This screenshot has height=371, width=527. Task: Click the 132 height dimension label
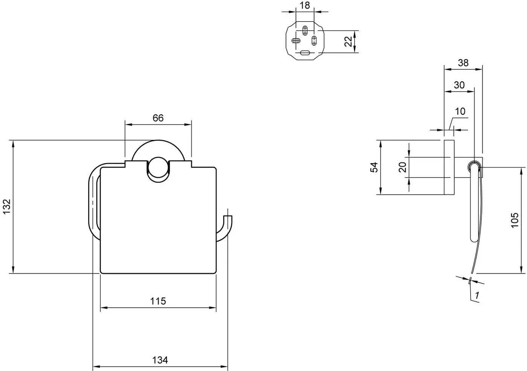7,207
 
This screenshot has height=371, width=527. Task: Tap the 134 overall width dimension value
160,360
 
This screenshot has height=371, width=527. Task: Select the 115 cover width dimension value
158,301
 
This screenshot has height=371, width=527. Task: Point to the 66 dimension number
158,118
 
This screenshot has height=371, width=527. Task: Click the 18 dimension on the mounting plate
305,5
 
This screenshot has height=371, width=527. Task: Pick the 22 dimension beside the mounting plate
348,41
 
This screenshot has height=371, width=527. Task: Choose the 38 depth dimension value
463,63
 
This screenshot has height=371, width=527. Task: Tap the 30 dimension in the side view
459,85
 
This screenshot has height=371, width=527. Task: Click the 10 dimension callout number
460,111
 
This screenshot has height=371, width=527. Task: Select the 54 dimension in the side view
374,167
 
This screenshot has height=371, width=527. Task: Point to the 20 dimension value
402,167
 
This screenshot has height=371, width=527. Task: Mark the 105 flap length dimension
515,220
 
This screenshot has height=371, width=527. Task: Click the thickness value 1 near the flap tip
477,295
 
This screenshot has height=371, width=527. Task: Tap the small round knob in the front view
158,167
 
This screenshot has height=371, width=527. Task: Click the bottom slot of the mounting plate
305,53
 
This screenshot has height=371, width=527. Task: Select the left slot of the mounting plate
296,41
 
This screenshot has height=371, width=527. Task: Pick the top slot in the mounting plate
305,31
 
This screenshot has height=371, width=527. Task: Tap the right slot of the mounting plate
314,41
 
